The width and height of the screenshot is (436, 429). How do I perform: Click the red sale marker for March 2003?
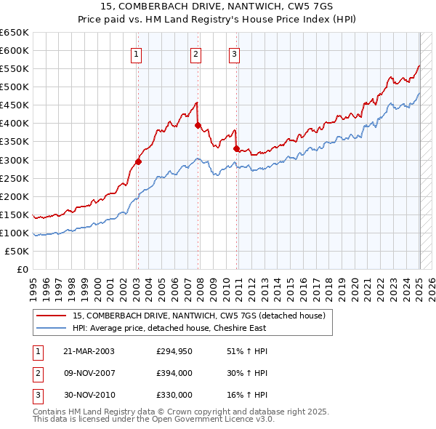138,161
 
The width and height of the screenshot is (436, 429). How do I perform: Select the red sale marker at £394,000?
198,125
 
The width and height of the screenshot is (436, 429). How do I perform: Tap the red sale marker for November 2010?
236,148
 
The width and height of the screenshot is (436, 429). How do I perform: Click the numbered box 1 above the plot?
137,53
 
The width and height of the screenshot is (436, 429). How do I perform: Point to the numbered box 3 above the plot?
235,53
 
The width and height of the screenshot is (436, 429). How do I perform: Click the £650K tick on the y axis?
15,33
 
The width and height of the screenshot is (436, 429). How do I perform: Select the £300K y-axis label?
15,160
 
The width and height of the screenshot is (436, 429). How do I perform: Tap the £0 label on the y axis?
23,269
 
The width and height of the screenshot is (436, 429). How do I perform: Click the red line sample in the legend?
51,316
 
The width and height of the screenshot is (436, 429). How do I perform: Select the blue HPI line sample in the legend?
51,327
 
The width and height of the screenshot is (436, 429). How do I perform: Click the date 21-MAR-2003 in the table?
89,351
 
